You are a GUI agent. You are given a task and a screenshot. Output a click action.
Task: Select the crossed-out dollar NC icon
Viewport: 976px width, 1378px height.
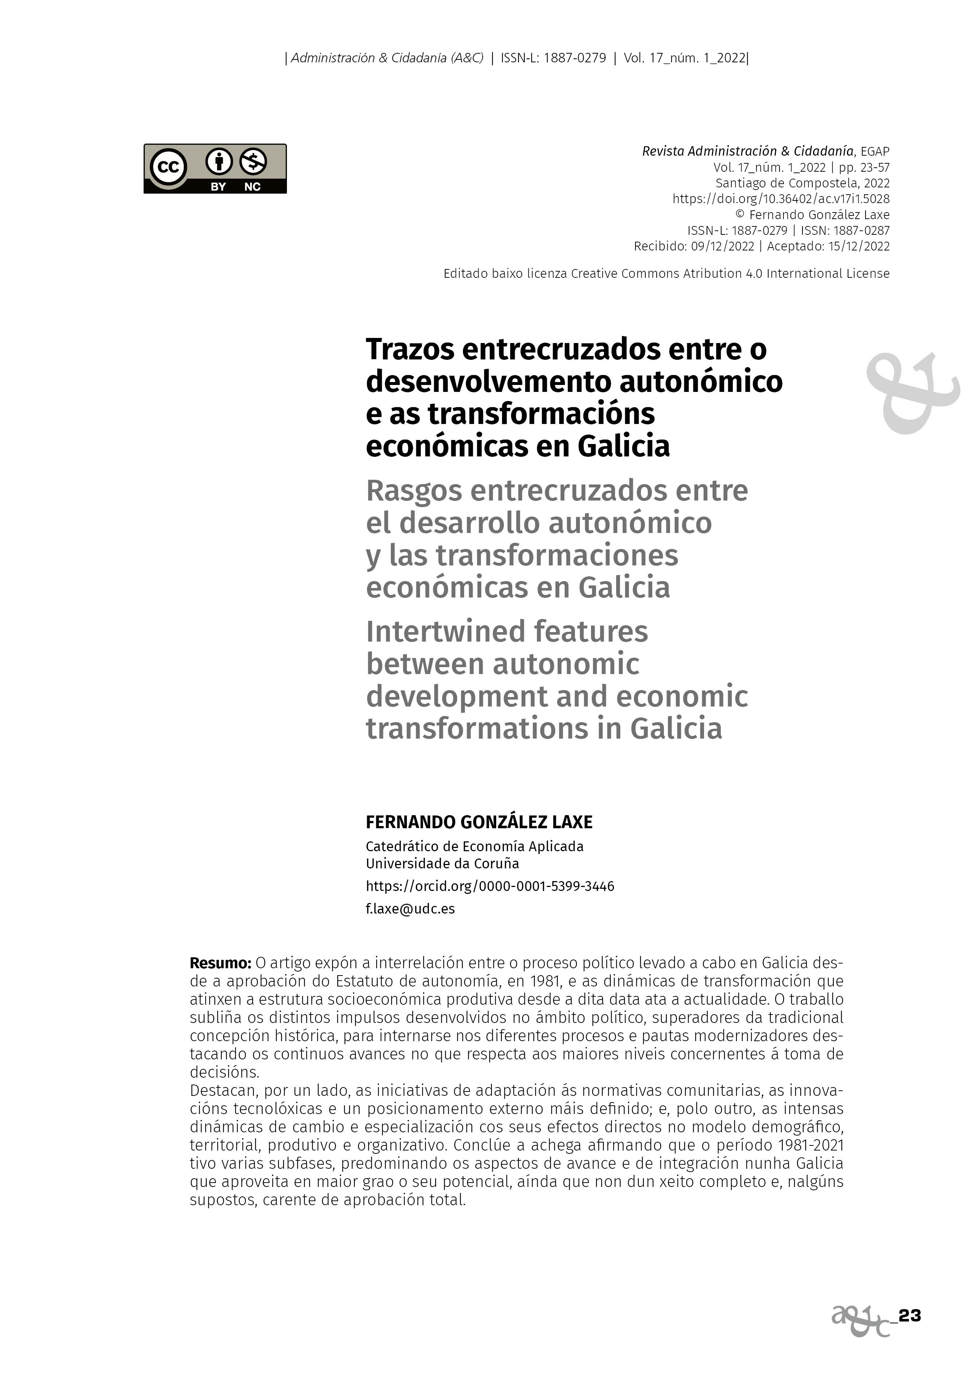tap(253, 161)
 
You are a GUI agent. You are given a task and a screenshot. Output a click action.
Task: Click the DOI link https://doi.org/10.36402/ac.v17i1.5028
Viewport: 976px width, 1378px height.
tap(781, 199)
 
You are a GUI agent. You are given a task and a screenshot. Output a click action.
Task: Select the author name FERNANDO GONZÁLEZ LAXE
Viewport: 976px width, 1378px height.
tap(479, 822)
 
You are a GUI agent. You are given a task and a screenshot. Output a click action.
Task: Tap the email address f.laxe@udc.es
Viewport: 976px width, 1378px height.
tap(410, 909)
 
